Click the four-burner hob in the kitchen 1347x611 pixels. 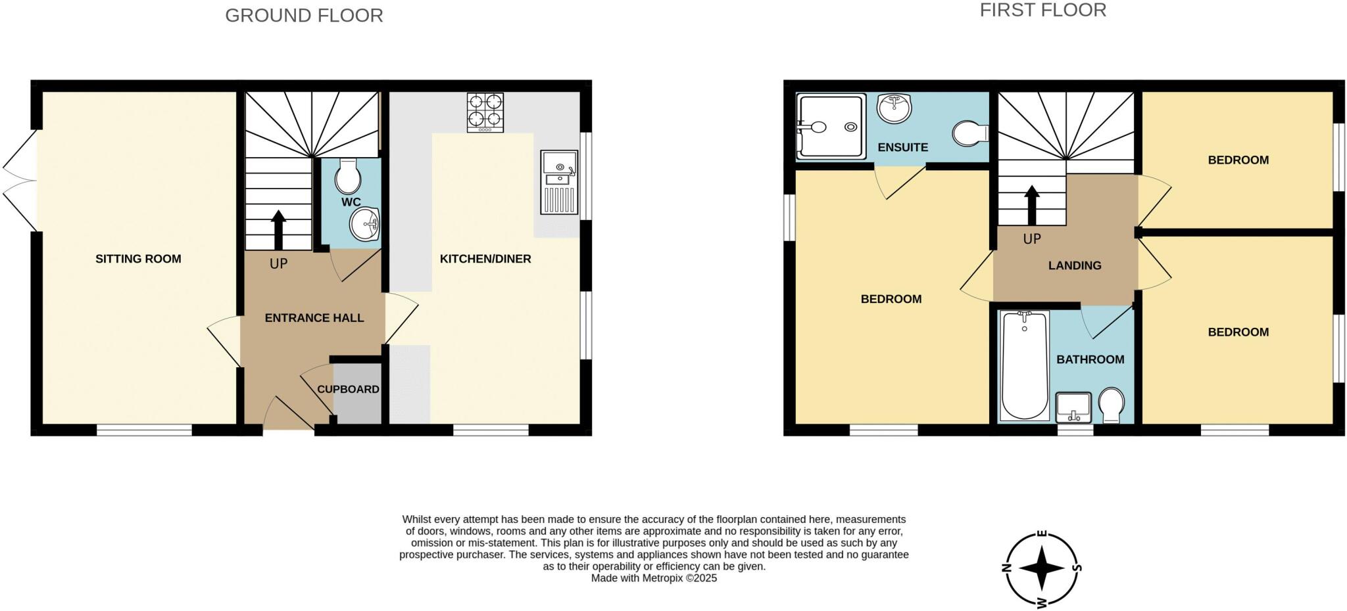point(485,112)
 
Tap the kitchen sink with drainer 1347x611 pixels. point(558,182)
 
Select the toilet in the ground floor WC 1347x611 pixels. point(347,176)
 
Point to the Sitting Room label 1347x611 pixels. point(138,259)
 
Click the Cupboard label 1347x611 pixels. point(348,389)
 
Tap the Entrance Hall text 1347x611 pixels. point(314,318)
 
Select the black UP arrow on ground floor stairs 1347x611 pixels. point(278,229)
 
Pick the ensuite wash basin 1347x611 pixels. point(894,108)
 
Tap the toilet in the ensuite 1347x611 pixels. point(969,133)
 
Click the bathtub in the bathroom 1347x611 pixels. point(1024,365)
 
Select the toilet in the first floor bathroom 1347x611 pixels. point(1111,405)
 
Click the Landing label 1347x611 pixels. point(1075,265)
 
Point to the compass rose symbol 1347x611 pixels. point(1042,569)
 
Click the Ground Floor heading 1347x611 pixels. point(304,15)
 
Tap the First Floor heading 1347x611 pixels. point(1043,10)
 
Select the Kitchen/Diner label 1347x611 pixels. point(485,259)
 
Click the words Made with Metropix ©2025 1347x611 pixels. point(654,578)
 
